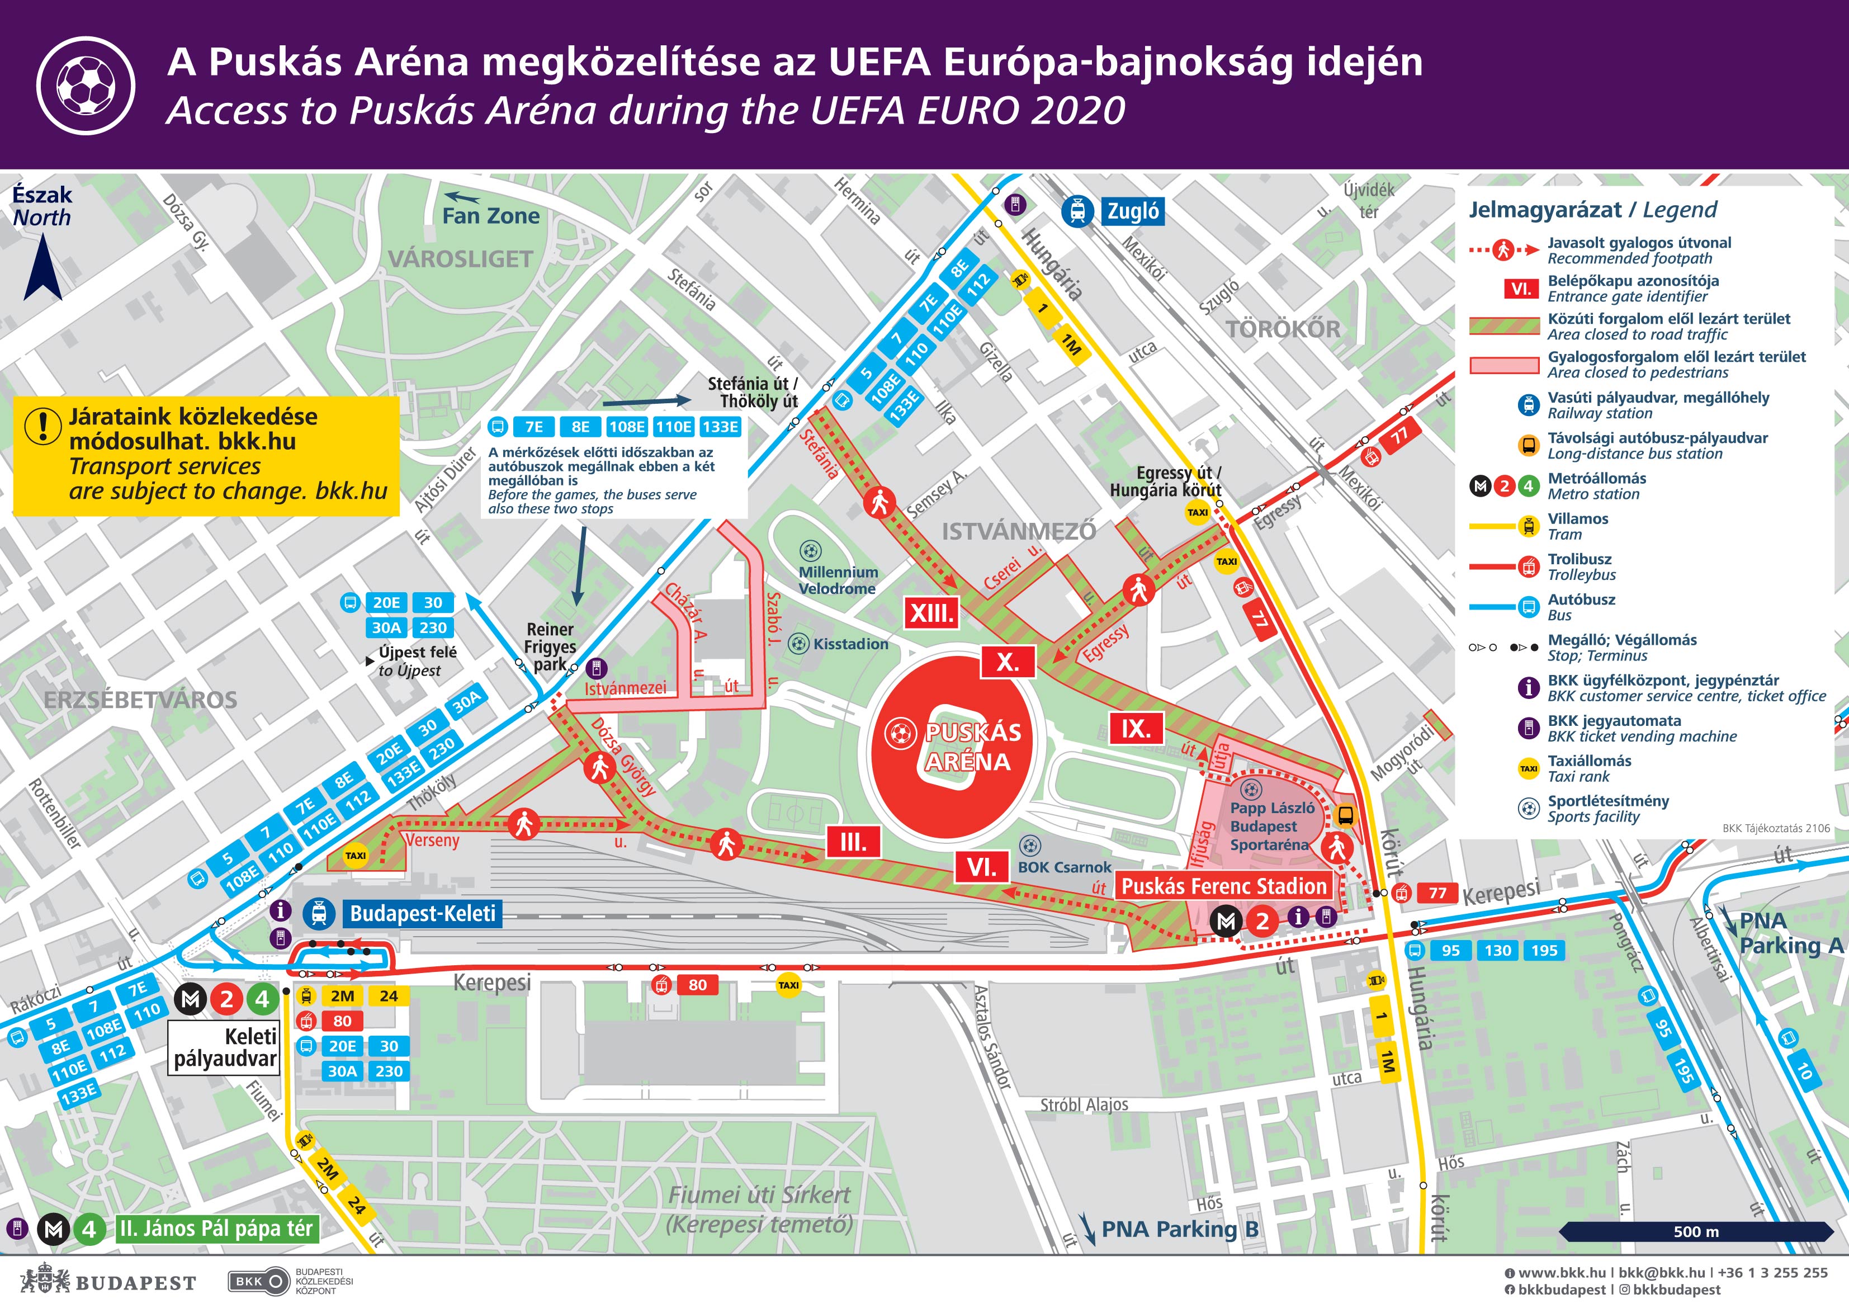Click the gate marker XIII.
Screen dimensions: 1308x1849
[931, 613]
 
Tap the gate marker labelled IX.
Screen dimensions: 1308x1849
[1136, 729]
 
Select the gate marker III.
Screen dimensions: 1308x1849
[853, 843]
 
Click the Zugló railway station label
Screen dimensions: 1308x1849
[1132, 212]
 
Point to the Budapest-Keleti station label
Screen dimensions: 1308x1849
[422, 913]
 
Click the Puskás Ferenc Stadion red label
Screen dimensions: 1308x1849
[1223, 887]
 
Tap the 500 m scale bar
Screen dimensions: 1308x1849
[1695, 1231]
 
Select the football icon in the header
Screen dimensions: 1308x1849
[86, 86]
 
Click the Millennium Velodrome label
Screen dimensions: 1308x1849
[837, 580]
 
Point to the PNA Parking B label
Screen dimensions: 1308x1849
[1179, 1229]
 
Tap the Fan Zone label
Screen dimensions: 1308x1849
[490, 216]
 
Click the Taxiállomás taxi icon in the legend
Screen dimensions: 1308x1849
[1528, 768]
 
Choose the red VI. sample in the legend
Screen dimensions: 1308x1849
[1520, 289]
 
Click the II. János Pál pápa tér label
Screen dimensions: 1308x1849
[216, 1229]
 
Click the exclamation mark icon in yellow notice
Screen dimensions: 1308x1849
[42, 424]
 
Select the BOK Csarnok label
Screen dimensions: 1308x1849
[1064, 867]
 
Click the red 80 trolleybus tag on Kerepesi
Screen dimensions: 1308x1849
[697, 984]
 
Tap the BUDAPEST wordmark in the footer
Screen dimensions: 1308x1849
[135, 1282]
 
